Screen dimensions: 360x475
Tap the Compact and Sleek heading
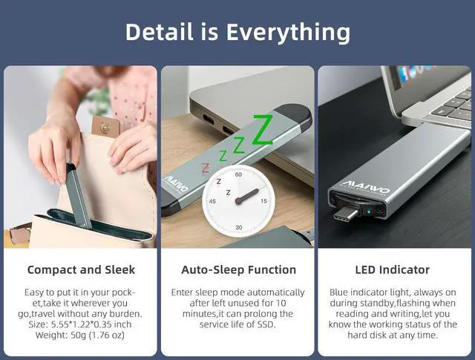pos(81,269)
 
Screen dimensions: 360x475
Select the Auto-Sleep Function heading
pos(238,269)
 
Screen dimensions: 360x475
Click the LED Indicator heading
pos(393,269)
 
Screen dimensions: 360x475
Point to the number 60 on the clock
pos(238,174)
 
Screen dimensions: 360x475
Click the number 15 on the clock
pos(263,200)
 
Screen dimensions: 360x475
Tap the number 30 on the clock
pos(238,226)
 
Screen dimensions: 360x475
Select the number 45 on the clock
pos(213,200)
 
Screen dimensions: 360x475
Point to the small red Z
pos(206,167)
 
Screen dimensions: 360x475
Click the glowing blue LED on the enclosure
pos(367,211)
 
